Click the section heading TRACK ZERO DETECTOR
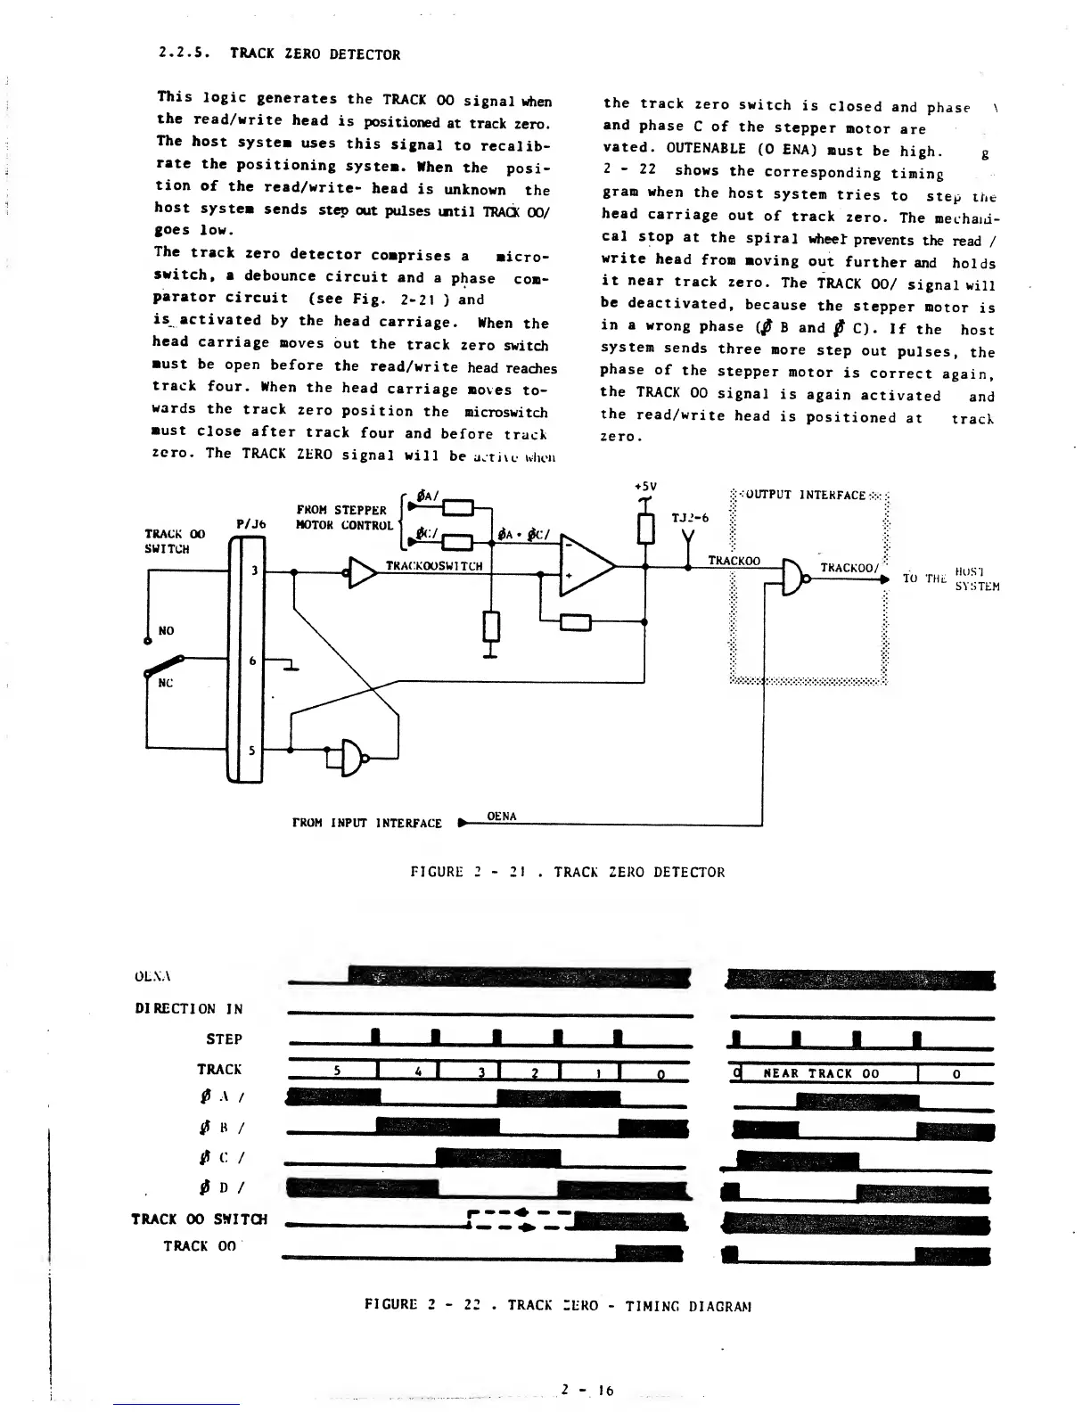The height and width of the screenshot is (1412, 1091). [x=315, y=54]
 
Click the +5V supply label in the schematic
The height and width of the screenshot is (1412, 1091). [x=645, y=487]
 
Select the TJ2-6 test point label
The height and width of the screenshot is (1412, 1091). [x=688, y=516]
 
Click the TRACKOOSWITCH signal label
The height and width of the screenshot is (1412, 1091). [x=433, y=566]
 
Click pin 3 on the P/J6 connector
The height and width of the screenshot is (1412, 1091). [x=253, y=571]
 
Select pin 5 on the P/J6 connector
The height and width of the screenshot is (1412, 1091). [x=252, y=750]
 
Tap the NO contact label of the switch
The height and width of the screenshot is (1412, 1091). [x=167, y=630]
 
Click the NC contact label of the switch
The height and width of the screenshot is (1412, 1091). [x=166, y=683]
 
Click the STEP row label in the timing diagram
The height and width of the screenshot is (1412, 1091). [x=224, y=1038]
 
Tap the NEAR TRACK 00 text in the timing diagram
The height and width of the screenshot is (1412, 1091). [x=821, y=1073]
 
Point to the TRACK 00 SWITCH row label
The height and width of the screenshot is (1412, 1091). [x=199, y=1219]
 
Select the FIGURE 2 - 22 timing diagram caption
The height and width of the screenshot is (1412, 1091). [x=559, y=1305]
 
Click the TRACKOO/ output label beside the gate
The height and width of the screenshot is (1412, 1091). [x=849, y=567]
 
